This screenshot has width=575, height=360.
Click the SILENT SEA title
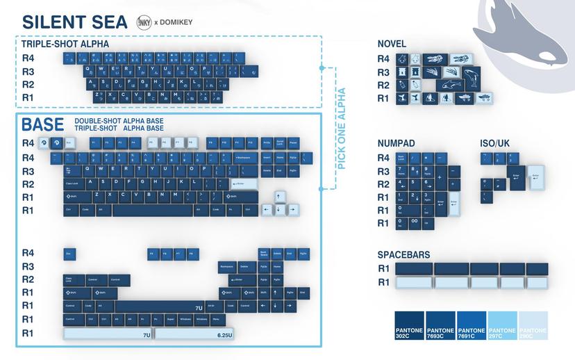75,22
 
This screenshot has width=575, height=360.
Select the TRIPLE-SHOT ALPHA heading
65,44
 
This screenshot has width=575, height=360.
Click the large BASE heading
42,125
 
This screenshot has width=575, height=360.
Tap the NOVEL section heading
392,44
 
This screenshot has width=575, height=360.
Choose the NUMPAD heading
396,143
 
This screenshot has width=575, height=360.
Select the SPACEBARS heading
403,255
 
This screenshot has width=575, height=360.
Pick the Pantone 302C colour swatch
409,325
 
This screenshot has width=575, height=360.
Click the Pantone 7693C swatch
440,325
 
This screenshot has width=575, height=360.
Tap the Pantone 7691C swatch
472,325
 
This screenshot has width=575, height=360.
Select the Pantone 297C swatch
502,325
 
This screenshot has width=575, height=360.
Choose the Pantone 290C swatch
533,325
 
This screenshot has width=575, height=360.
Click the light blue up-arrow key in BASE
280,197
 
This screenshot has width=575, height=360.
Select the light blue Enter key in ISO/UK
536,176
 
